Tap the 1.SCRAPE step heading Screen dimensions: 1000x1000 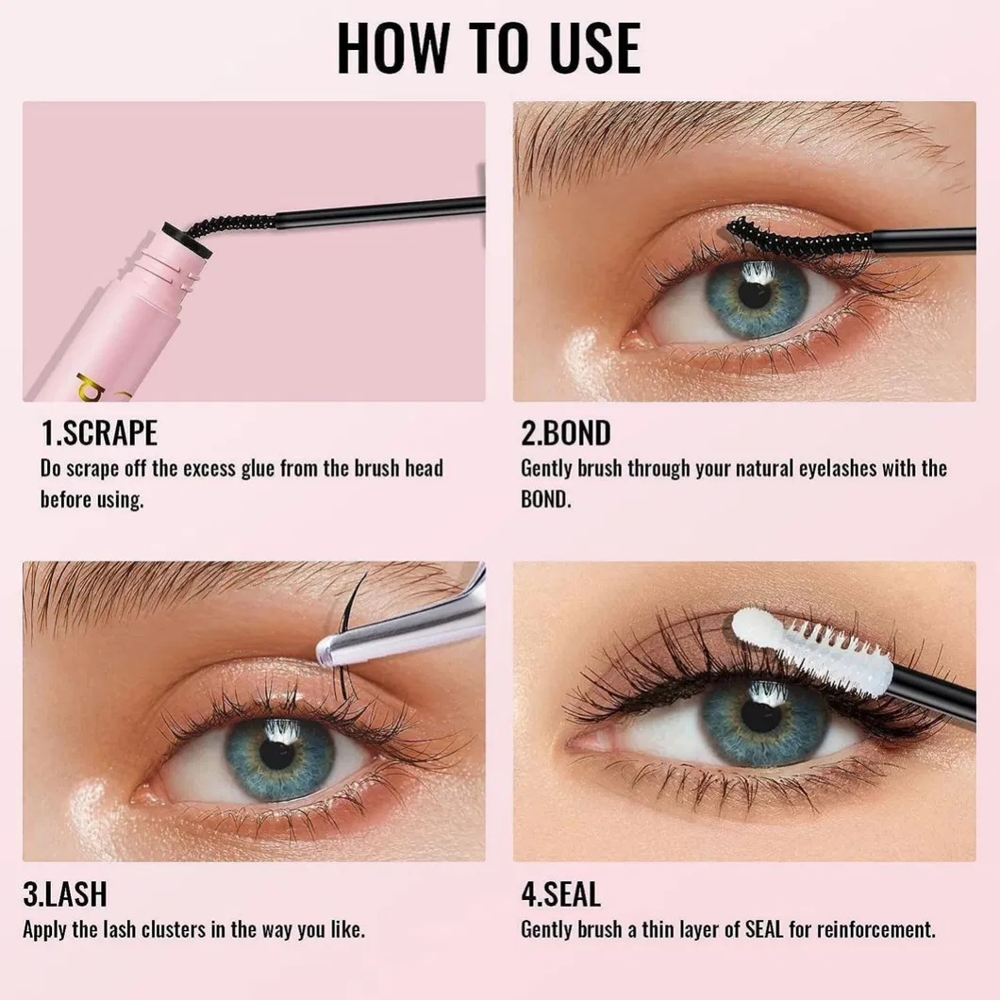coord(99,433)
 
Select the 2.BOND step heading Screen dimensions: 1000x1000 coord(566,433)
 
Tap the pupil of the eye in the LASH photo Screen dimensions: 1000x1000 coord(277,754)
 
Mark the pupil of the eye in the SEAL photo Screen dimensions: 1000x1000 coord(760,715)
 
